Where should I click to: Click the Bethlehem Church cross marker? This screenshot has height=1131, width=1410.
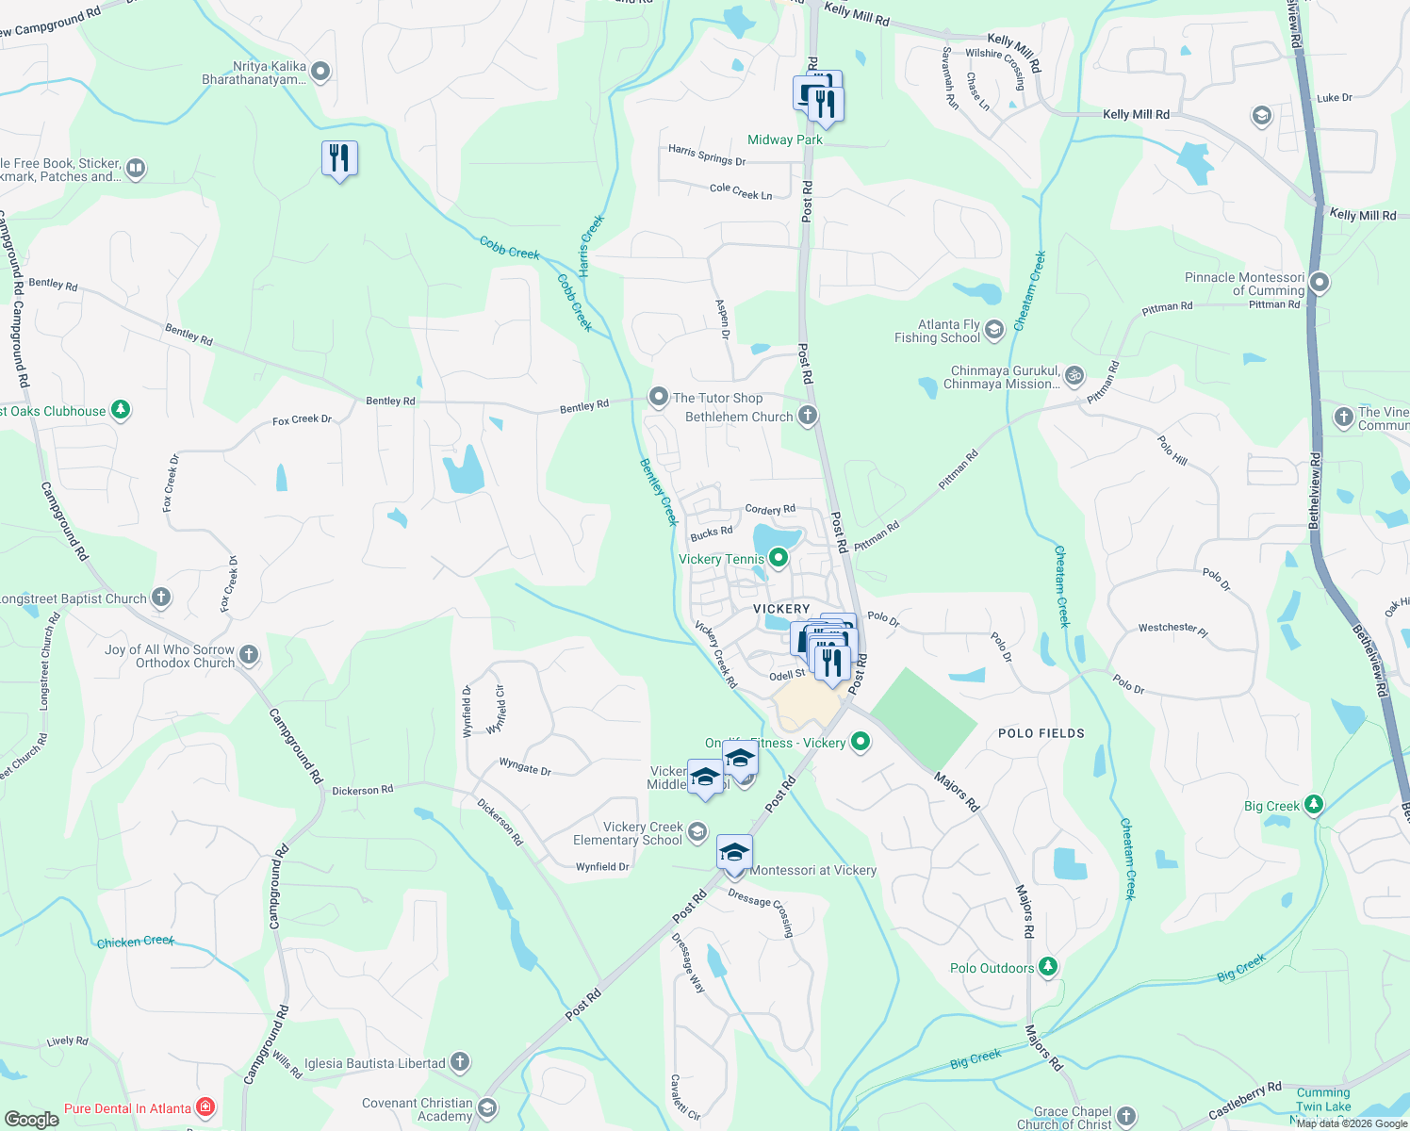pos(807,416)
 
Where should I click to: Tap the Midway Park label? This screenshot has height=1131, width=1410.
pos(784,139)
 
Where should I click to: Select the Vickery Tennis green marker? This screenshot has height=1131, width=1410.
pos(779,559)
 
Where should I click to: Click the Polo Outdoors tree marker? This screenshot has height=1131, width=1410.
pos(1047,968)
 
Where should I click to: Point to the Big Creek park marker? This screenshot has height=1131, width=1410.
pos(1314,806)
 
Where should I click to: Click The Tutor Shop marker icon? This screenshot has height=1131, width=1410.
pos(658,398)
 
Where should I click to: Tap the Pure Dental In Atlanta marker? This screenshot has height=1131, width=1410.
pos(205,1108)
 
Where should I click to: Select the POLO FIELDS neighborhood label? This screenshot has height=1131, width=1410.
pos(1041,733)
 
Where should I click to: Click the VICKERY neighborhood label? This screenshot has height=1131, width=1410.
pos(781,609)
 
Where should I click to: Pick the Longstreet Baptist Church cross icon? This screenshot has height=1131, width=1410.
pos(161,598)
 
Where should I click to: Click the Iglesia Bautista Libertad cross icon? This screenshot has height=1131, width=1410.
pos(459,1063)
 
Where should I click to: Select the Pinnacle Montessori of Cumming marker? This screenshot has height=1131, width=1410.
pos(1320,283)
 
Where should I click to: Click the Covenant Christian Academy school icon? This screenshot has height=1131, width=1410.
pos(487,1107)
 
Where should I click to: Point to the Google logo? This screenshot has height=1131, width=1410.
pos(31,1120)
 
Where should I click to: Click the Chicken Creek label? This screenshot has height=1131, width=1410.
pos(135,942)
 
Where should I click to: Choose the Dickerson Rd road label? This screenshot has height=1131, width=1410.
pos(362,790)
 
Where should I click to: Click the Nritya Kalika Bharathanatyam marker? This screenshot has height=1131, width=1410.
pos(320,72)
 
